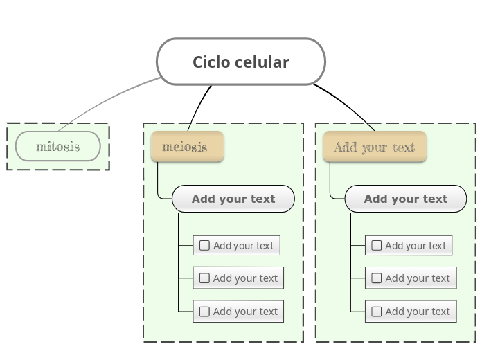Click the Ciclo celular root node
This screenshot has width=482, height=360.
click(240, 62)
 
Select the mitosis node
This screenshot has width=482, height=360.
click(58, 146)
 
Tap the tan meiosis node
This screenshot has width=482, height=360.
click(186, 146)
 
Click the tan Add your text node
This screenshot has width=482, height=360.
click(374, 146)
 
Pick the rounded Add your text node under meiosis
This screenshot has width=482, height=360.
click(233, 199)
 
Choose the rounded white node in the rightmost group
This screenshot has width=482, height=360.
click(405, 199)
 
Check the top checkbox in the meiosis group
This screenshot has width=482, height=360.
click(204, 245)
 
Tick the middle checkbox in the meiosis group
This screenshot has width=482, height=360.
click(204, 278)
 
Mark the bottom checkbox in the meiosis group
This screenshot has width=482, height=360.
click(204, 312)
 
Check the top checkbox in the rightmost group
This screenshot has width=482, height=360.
click(376, 245)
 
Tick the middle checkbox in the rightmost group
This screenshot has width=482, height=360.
click(376, 278)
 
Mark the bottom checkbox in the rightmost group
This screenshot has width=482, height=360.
click(376, 312)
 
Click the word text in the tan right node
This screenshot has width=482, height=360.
click(404, 147)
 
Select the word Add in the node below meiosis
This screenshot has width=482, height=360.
click(204, 199)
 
